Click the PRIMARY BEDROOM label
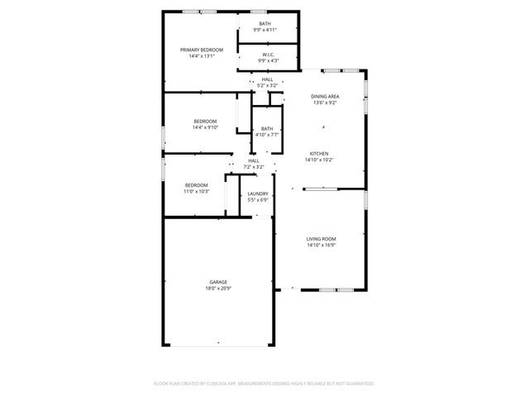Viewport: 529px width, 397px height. (202, 50)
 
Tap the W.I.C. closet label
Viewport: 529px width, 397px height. (268, 55)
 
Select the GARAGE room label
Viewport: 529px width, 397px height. (218, 282)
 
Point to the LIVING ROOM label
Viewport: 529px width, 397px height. (321, 239)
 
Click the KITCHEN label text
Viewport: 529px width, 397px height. (320, 154)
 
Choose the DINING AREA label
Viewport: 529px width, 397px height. (326, 97)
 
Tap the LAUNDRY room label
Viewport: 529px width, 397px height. (258, 194)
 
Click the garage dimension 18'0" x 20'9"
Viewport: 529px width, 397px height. (218, 289)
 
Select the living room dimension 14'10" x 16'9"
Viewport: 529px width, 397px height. (321, 246)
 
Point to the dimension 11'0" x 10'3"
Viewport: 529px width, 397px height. (196, 191)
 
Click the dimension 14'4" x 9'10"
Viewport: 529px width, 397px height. (204, 127)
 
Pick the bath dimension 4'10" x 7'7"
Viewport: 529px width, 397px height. (267, 135)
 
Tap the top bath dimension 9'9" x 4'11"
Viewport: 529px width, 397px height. (264, 30)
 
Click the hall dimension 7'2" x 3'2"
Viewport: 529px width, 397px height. (254, 167)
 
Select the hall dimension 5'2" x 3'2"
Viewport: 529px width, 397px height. (268, 85)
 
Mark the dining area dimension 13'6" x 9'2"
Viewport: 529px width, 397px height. (326, 103)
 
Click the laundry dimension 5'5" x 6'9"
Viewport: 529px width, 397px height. (258, 200)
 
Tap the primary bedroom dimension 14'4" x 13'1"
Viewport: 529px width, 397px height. (202, 56)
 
